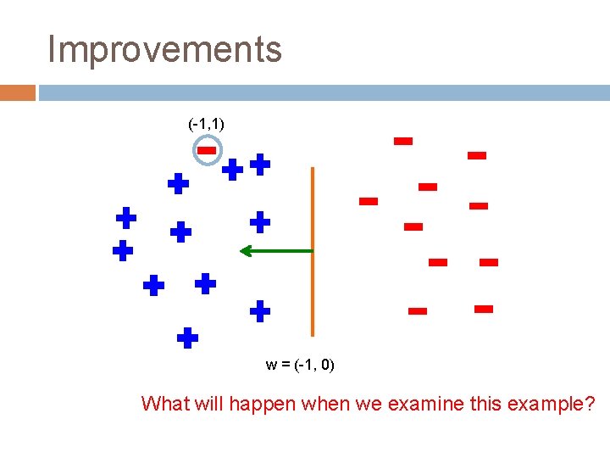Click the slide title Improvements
coord(164,49)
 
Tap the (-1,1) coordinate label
coord(206,124)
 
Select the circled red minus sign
coord(207,151)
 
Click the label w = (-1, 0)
coord(300,365)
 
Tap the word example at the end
coord(552,404)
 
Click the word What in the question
coord(166,404)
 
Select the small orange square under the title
coord(17,92)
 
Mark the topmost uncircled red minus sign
coord(403,141)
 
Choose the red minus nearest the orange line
coord(368,201)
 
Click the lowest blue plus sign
coord(187,338)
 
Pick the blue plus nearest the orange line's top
coord(260,165)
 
